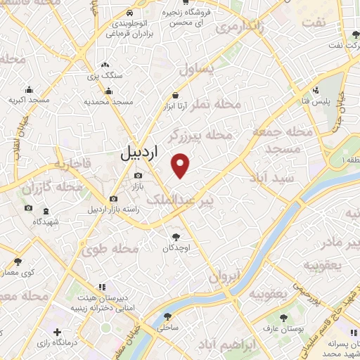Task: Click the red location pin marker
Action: coord(181,165)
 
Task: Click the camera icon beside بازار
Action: coord(138,175)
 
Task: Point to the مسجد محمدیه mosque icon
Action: coord(108,91)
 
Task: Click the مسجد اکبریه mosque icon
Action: coord(29,89)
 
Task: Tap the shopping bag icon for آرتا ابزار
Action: coord(175,95)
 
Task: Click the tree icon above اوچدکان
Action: coord(175,237)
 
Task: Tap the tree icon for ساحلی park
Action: coord(167,316)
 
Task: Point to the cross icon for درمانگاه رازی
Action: coord(58,332)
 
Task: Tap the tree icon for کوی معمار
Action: coord(17,262)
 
